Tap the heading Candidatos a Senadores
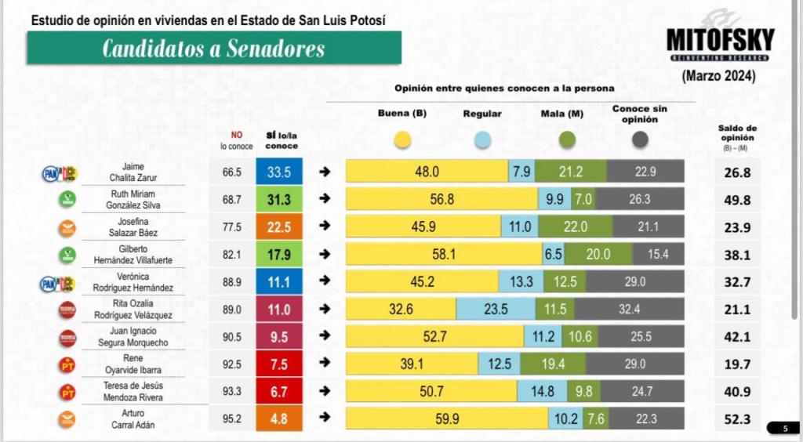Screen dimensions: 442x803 tap(213, 49)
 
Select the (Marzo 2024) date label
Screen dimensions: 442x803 tap(718, 76)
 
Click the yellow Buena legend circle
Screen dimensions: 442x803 tap(403, 140)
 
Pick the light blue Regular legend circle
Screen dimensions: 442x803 tap(482, 140)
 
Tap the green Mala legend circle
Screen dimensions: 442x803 tap(567, 140)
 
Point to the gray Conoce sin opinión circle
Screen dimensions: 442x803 tap(640, 140)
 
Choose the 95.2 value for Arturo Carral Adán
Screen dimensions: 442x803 tap(231, 419)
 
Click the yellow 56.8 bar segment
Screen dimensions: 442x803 tap(441, 200)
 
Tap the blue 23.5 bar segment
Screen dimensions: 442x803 tap(496, 310)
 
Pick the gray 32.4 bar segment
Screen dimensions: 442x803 tap(629, 310)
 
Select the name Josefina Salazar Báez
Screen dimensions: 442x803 tap(134, 227)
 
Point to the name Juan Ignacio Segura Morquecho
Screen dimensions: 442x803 tap(134, 337)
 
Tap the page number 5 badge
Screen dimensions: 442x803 tap(785, 428)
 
